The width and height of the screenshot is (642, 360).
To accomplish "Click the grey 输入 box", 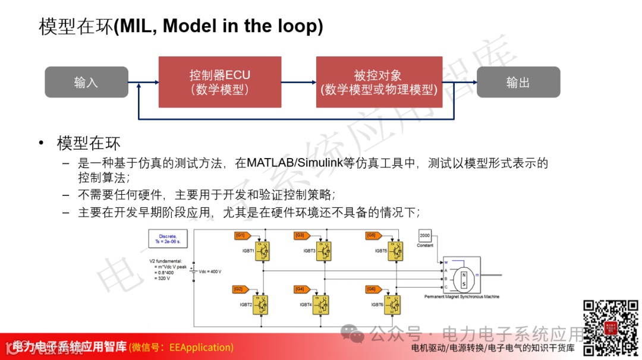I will pos(86,82).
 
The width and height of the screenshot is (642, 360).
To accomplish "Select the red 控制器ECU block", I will pos(219,82).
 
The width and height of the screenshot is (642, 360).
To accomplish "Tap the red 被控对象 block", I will pos(379,82).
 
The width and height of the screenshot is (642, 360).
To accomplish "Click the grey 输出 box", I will pos(518,82).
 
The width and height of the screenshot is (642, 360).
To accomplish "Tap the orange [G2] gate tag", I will pos(240,289).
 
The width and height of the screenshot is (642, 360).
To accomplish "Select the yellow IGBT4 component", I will pos(324,304).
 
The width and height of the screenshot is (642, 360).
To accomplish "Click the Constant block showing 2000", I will pos(425,236).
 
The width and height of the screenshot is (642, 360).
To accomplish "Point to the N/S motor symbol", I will pos(464,278).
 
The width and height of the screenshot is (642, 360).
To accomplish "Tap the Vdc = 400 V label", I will pos(210,271).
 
